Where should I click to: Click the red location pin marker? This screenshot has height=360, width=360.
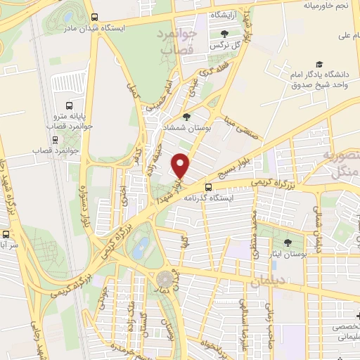[x=181, y=166]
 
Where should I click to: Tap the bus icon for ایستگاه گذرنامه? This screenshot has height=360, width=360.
[x=208, y=186]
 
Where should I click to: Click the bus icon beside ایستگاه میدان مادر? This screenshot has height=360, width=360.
[x=95, y=19]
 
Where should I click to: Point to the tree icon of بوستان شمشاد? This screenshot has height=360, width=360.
[x=186, y=117]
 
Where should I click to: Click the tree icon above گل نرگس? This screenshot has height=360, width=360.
[x=224, y=33]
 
